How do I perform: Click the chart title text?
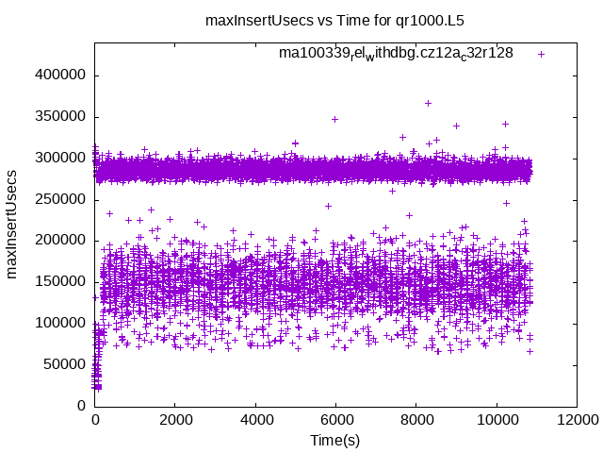pyautogui.click(x=334, y=20)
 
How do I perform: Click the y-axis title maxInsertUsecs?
pyautogui.click(x=12, y=224)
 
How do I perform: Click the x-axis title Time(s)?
pyautogui.click(x=335, y=441)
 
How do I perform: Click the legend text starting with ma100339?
pyautogui.click(x=396, y=54)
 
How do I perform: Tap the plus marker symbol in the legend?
pyautogui.click(x=541, y=54)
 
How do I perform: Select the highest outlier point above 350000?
pyautogui.click(x=428, y=104)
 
